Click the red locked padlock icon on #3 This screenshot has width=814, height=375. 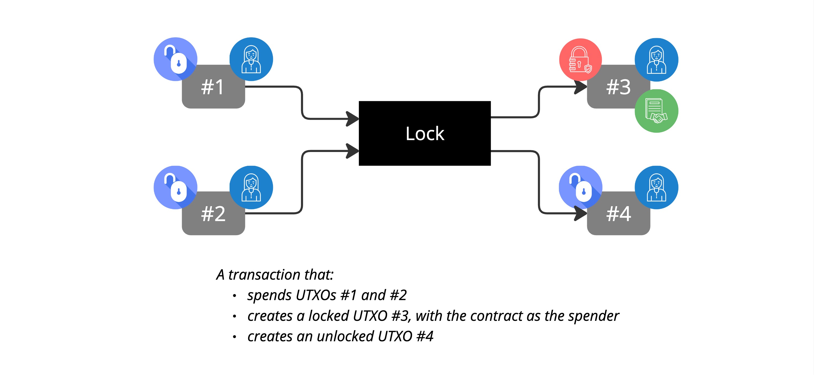[580, 60]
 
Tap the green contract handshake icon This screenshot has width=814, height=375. [656, 111]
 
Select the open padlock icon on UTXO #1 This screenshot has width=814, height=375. [175, 59]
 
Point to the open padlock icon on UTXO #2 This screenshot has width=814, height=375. [175, 187]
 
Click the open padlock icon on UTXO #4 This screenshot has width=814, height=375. [581, 187]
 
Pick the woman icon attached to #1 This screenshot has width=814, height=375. [251, 59]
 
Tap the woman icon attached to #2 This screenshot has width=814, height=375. [251, 187]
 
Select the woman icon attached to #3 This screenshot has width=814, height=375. [656, 60]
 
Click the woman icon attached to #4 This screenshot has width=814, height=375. [656, 187]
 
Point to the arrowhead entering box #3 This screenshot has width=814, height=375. [581, 87]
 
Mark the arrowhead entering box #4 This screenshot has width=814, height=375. [581, 214]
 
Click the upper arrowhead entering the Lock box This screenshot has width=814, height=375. [352, 119]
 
